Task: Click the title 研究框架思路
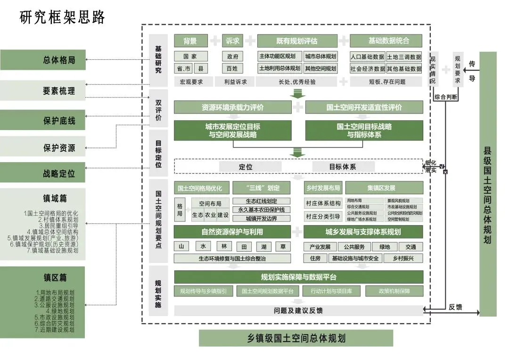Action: click(x=62, y=17)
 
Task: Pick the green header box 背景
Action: click(x=190, y=41)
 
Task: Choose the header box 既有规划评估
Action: click(x=296, y=41)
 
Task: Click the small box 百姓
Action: click(x=232, y=68)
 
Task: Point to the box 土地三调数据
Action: click(x=404, y=57)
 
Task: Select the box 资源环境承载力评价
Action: click(x=232, y=107)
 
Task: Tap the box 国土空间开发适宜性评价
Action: click(x=364, y=107)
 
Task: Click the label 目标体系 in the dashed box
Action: click(x=343, y=166)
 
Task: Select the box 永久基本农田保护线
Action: click(x=262, y=210)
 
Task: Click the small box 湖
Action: click(x=263, y=246)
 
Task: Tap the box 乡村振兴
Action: click(x=402, y=258)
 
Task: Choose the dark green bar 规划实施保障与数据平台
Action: click(x=298, y=277)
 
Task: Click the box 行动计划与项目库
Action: click(x=331, y=291)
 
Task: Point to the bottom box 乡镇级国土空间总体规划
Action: click(x=296, y=338)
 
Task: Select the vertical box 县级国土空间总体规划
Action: click(x=488, y=184)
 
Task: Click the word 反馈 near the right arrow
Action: click(x=455, y=307)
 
